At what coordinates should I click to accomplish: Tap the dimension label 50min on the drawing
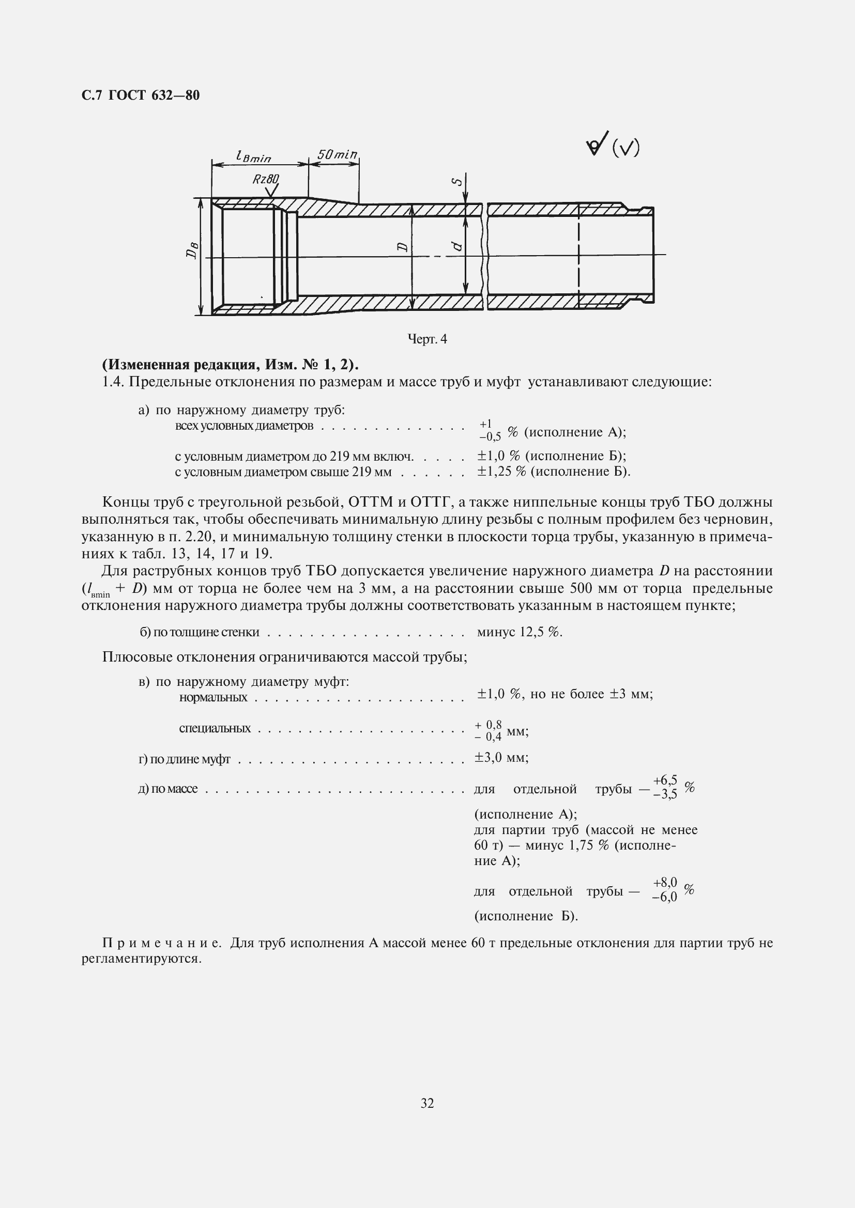[x=337, y=155]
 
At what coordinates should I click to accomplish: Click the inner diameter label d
[x=457, y=246]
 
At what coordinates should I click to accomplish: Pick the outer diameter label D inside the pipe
[x=402, y=246]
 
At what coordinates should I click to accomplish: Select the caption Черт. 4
[x=427, y=339]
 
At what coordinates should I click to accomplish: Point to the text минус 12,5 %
[x=519, y=632]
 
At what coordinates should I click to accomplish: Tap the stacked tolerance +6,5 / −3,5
[x=664, y=787]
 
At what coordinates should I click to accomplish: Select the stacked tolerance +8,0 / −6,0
[x=664, y=890]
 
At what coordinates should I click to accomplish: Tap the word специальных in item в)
[x=215, y=728]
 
